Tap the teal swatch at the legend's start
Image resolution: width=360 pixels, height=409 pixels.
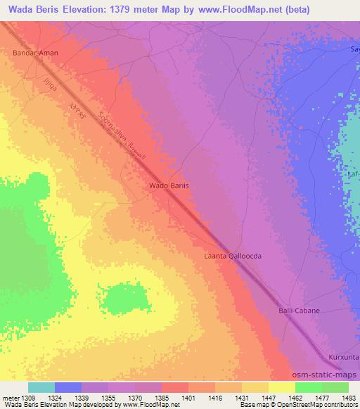point(41,387)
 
